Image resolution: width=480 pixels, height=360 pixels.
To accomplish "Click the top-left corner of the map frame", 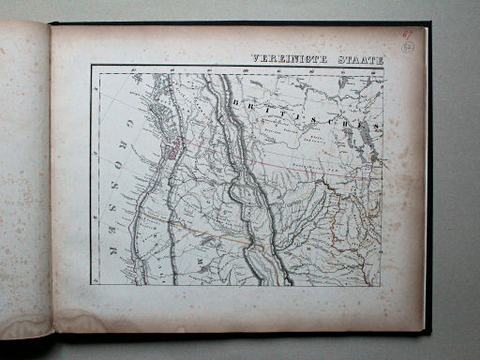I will (x=92, y=66).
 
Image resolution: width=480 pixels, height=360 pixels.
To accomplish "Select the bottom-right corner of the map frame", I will (x=382, y=285).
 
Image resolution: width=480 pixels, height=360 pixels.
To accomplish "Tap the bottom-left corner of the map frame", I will (x=92, y=285).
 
